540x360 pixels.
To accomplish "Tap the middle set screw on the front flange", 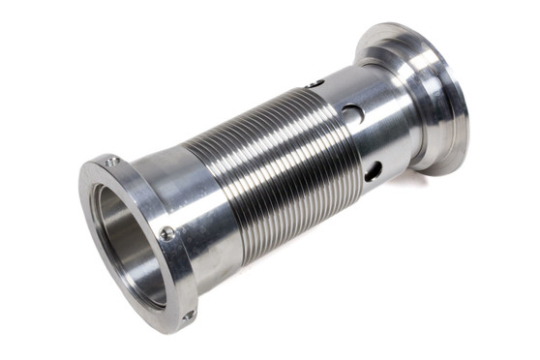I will click(167, 233).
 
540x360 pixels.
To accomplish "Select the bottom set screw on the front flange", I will click(189, 315).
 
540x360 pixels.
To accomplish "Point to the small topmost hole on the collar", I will click(313, 85).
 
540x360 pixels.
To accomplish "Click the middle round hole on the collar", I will click(354, 114).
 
